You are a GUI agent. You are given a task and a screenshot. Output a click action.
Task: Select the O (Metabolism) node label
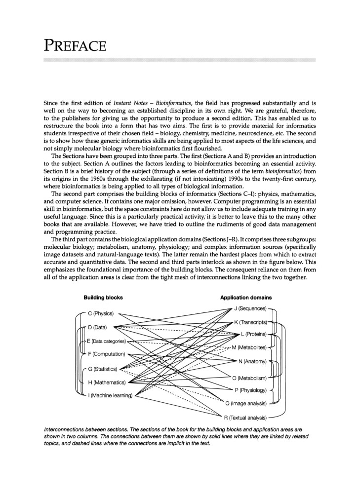tap(249, 379)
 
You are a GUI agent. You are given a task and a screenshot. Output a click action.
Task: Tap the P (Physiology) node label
tap(250, 390)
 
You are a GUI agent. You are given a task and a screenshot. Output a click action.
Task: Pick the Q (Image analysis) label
tap(245, 404)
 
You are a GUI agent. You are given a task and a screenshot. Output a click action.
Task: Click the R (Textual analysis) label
tap(245, 418)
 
